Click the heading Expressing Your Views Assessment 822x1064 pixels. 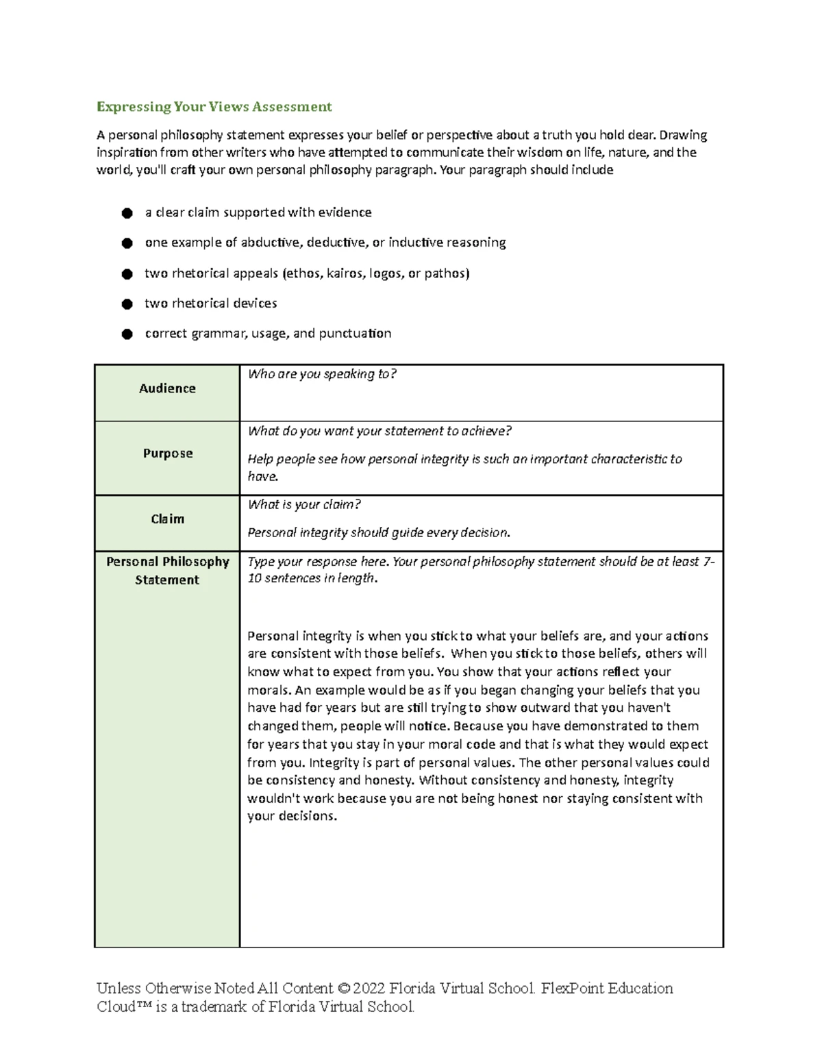coord(214,107)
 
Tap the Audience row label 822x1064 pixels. coord(167,388)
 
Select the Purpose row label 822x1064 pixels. coord(168,454)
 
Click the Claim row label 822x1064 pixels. coord(168,519)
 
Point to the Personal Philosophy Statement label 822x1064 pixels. coord(167,570)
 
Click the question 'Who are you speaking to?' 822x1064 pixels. coord(322,374)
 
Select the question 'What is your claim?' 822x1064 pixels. coord(304,505)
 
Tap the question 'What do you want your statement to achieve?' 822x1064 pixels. coord(379,431)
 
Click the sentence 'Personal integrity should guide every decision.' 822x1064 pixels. coord(379,533)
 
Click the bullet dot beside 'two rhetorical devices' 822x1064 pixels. coord(127,304)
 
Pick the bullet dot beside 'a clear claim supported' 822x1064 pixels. coord(127,213)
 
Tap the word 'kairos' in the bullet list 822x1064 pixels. coord(346,273)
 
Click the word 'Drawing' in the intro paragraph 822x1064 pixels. coord(683,135)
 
